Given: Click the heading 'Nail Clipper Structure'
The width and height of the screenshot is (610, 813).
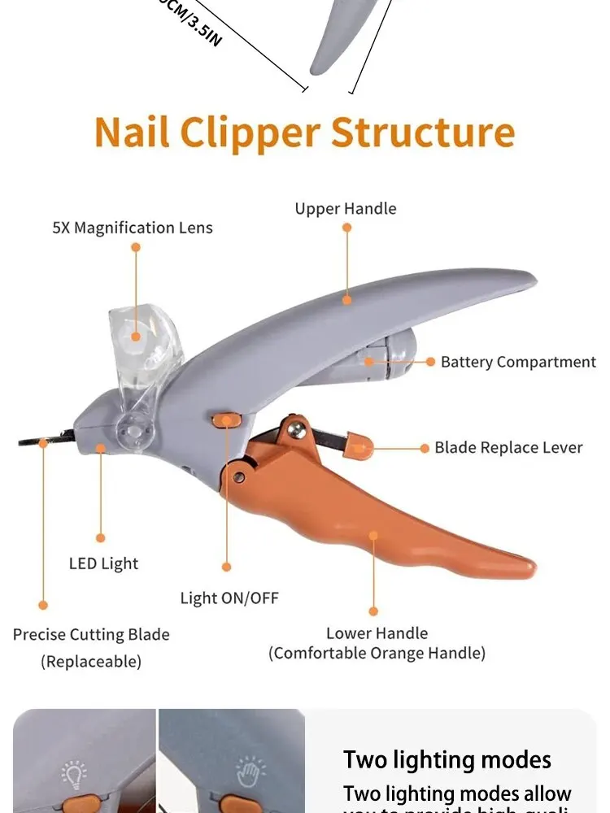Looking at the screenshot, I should [304, 133].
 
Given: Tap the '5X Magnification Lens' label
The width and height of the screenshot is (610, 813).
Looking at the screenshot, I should [133, 228].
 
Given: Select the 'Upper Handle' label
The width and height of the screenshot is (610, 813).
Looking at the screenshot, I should [346, 209].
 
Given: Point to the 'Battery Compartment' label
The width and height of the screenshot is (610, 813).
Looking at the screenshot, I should [518, 362].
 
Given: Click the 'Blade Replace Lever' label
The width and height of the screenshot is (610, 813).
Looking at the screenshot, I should [508, 447].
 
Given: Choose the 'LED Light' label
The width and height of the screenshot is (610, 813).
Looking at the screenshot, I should [103, 563].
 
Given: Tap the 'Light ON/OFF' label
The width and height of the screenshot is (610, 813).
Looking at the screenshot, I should [229, 598].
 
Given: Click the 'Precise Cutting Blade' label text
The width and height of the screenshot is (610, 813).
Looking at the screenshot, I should [91, 634].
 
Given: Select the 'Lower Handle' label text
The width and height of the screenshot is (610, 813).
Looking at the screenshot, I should [377, 633].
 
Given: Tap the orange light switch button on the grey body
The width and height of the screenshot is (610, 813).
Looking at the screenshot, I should [225, 420].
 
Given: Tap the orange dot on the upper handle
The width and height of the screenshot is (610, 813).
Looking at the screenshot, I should [347, 299].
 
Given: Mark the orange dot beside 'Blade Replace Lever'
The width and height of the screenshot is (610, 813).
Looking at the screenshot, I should [424, 448].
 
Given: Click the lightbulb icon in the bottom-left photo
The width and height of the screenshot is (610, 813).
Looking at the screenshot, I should [75, 774].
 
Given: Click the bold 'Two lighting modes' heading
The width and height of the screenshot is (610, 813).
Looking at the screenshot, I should [447, 760].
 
